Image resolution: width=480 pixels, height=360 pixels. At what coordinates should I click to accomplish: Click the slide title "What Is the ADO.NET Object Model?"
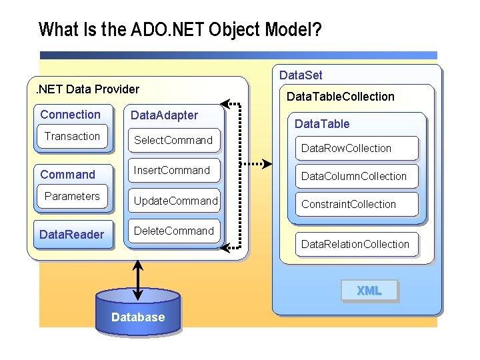(180, 30)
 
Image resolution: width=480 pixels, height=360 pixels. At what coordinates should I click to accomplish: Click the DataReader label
(72, 234)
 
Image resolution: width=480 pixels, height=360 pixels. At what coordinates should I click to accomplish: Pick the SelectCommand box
(173, 140)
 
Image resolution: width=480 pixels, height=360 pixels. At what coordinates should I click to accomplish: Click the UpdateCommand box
(175, 201)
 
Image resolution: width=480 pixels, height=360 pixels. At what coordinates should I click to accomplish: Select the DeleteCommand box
(173, 231)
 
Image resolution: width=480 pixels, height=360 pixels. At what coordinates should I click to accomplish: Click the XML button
(369, 291)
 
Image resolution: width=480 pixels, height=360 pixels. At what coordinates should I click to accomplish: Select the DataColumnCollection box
(354, 176)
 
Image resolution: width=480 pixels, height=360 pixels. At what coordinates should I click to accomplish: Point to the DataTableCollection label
(340, 97)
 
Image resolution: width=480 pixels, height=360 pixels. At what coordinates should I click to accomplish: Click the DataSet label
(300, 75)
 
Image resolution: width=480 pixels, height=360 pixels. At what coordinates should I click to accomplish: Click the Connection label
(71, 115)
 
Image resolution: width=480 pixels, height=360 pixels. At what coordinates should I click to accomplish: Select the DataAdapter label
(164, 115)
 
